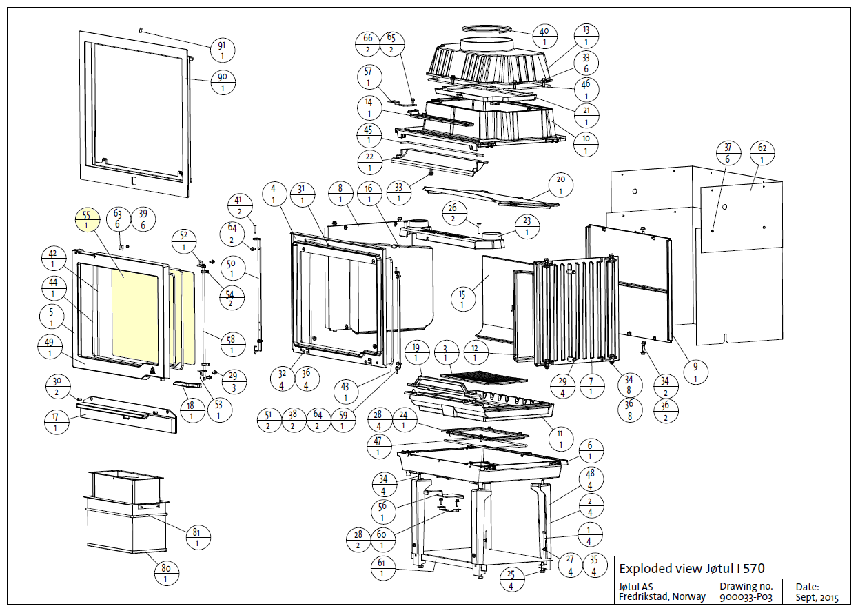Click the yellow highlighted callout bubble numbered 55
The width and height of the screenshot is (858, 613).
click(86, 220)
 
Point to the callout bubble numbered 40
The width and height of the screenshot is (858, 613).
click(544, 37)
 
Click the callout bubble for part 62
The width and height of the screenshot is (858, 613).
click(762, 153)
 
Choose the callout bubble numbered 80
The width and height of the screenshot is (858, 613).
click(165, 574)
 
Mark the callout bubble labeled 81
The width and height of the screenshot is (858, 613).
click(197, 537)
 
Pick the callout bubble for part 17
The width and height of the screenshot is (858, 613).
click(56, 421)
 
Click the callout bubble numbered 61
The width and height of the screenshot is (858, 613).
click(382, 567)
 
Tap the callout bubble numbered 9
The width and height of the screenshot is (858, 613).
click(695, 373)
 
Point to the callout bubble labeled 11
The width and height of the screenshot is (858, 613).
click(560, 439)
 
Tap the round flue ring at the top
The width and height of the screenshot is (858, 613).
click(487, 29)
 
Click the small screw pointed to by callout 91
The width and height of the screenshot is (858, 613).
click(141, 30)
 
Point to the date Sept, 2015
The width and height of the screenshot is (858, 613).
click(817, 597)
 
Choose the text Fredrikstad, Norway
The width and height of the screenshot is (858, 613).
click(662, 597)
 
